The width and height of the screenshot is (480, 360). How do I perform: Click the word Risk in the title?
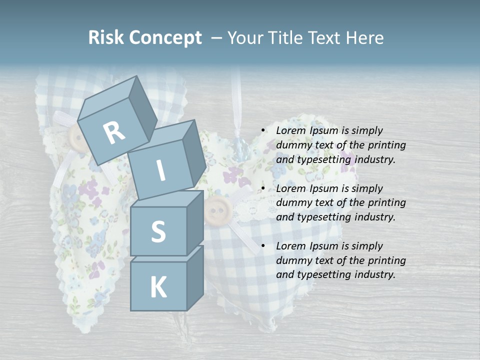click(106, 38)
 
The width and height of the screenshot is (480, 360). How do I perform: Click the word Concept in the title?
click(165, 38)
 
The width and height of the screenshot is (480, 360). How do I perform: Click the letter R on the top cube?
click(114, 133)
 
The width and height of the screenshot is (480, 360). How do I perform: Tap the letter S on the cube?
click(158, 231)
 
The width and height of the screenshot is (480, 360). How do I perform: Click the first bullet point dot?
click(263, 130)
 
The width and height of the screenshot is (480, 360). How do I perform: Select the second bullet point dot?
click(263, 188)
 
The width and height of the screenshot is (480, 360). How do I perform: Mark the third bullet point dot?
click(263, 246)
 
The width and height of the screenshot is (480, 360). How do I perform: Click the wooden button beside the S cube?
click(215, 210)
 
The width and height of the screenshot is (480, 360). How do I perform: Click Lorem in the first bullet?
click(290, 130)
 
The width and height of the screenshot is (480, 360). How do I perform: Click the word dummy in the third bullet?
click(292, 260)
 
